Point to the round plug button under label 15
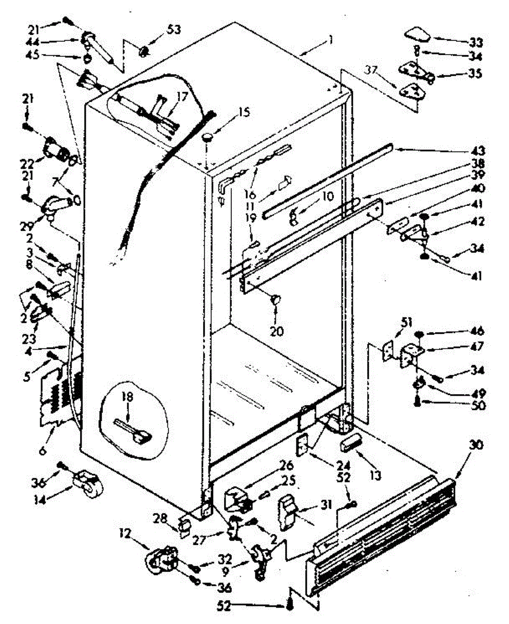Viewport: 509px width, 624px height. click(x=208, y=138)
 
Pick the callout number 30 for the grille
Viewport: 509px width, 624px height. click(x=476, y=445)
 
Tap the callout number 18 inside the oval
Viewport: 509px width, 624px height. click(x=127, y=397)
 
